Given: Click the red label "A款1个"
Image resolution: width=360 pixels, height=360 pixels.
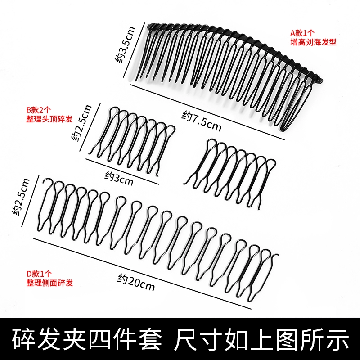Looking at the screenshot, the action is click(x=302, y=33).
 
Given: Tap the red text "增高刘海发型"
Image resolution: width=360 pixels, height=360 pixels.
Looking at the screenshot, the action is click(x=313, y=42).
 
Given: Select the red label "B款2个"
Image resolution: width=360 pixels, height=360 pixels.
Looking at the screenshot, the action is click(x=39, y=110).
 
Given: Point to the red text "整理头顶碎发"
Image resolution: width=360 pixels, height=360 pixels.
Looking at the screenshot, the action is click(x=49, y=119).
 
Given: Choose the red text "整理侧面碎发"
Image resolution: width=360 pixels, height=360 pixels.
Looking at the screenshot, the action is click(x=49, y=283).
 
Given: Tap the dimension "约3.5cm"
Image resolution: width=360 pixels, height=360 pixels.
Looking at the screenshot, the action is click(x=125, y=45).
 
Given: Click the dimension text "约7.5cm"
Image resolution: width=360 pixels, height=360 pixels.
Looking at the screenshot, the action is click(x=201, y=121).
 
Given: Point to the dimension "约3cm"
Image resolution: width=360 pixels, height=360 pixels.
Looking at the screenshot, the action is click(x=119, y=178).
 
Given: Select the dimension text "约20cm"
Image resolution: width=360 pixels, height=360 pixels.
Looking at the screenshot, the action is click(x=136, y=282).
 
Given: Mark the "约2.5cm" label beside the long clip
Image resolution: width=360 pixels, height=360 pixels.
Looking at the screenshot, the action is click(x=21, y=197).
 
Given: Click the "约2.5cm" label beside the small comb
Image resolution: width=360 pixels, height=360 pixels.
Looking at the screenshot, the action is click(x=81, y=123).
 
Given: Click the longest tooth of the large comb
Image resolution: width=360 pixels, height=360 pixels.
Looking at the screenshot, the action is click(x=290, y=108).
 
